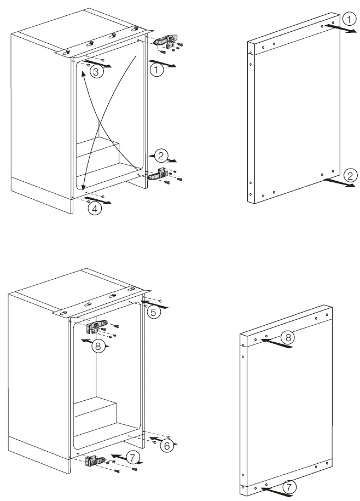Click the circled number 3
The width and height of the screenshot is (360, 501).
tap(95, 72)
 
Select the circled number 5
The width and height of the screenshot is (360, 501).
tap(154, 312)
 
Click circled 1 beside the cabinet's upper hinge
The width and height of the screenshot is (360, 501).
tap(157, 70)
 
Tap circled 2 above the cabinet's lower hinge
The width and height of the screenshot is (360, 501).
tap(160, 156)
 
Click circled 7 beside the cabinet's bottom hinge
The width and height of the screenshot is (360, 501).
tap(133, 457)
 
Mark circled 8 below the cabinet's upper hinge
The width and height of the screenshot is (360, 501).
tap(97, 346)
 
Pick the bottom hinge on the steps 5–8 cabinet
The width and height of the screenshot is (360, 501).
tap(97, 462)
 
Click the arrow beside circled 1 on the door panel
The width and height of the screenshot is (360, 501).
tap(338, 30)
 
